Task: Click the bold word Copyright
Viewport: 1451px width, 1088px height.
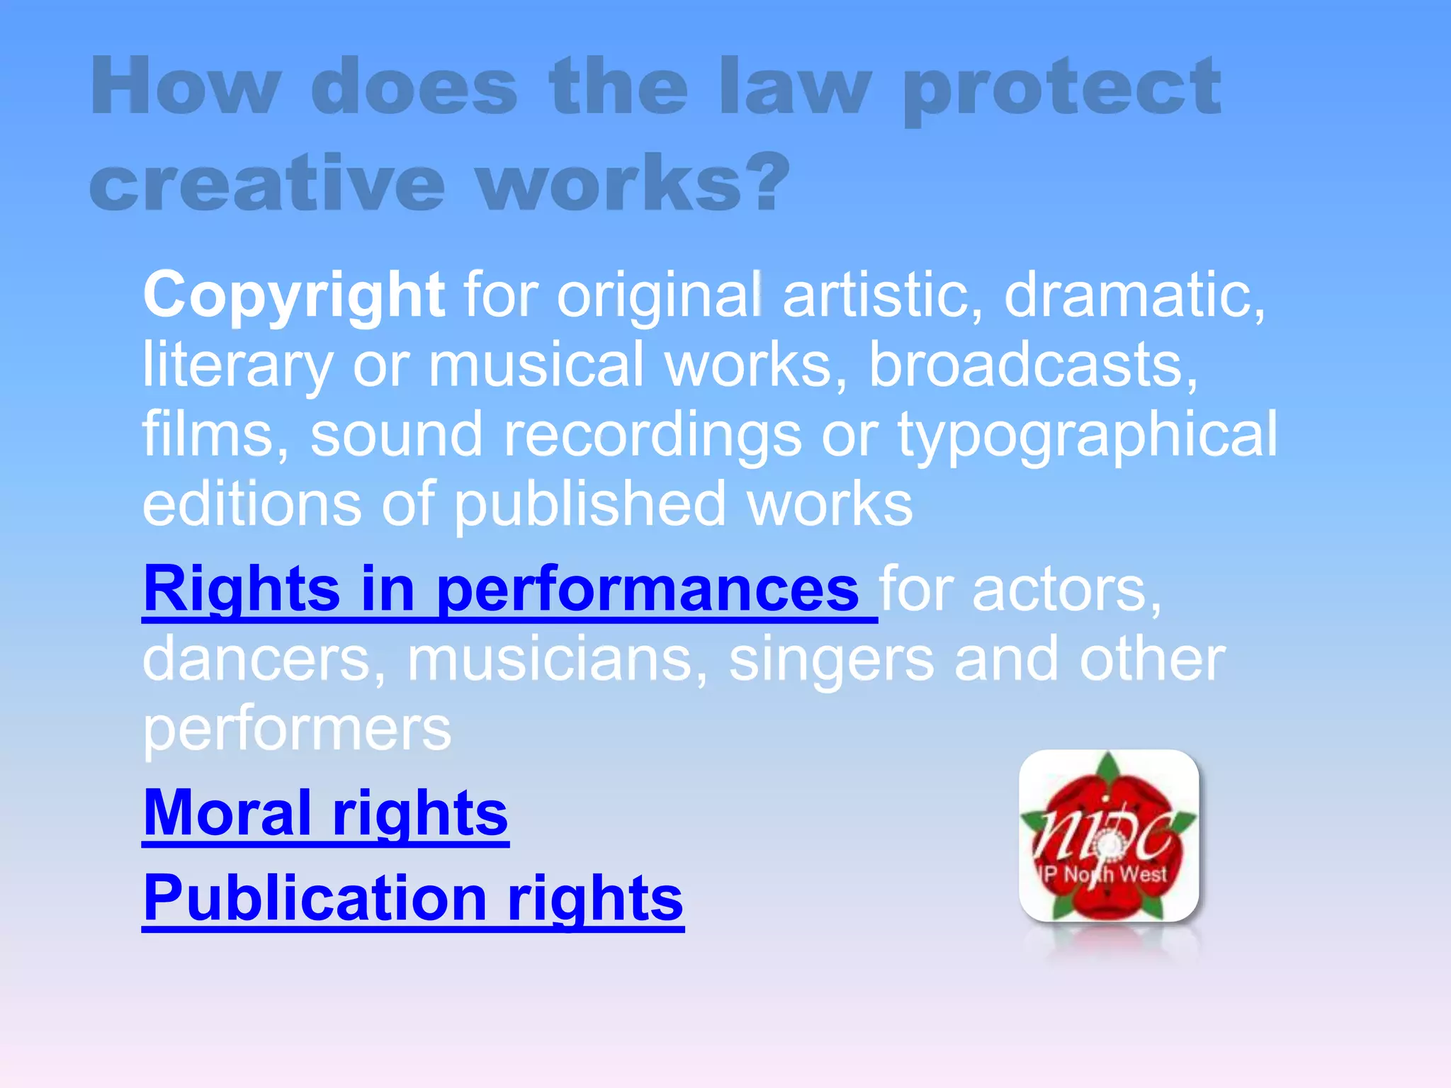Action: coord(294,295)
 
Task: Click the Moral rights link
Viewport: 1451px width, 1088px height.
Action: coord(325,814)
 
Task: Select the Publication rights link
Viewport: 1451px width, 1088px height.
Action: coord(413,898)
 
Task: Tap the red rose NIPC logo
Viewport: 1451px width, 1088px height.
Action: coord(1109,837)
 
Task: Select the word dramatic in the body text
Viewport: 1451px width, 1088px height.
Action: coord(1134,295)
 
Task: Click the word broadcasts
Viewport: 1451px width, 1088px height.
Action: coord(1033,365)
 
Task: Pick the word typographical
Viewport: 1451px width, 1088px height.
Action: coord(1088,435)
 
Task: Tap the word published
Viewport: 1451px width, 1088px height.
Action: coord(589,504)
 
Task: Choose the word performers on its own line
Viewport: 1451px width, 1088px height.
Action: coord(297,730)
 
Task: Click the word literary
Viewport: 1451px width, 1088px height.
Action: coord(237,366)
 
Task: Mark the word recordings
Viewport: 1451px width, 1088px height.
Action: coord(652,435)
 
